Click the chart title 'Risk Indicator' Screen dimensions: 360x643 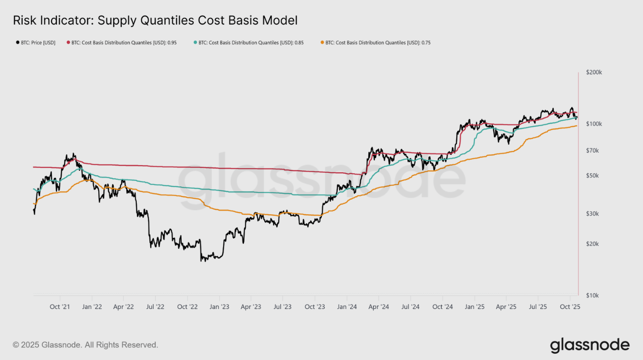pyautogui.click(x=155, y=20)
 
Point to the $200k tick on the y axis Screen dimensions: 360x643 pyautogui.click(x=594, y=72)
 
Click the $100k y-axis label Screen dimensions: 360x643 pyautogui.click(x=594, y=124)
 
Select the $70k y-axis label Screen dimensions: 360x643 pyautogui.click(x=592, y=151)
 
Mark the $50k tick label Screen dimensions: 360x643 pyautogui.click(x=592, y=176)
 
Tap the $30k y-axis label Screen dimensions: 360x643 pyautogui.click(x=592, y=214)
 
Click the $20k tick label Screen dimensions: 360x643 pyautogui.click(x=592, y=244)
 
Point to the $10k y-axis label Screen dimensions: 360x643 pyautogui.click(x=592, y=296)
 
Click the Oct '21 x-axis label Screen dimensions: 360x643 pyautogui.click(x=60, y=306)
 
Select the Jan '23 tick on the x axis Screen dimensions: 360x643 pyautogui.click(x=219, y=306)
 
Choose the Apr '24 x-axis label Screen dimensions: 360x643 pyautogui.click(x=379, y=306)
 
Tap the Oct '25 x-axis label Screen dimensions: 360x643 pyautogui.click(x=570, y=306)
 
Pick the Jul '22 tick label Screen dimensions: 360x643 pyautogui.click(x=155, y=306)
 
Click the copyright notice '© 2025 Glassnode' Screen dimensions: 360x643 pyautogui.click(x=85, y=345)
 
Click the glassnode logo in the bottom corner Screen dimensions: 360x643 pyautogui.click(x=590, y=345)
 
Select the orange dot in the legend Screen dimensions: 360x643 pyautogui.click(x=322, y=42)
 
